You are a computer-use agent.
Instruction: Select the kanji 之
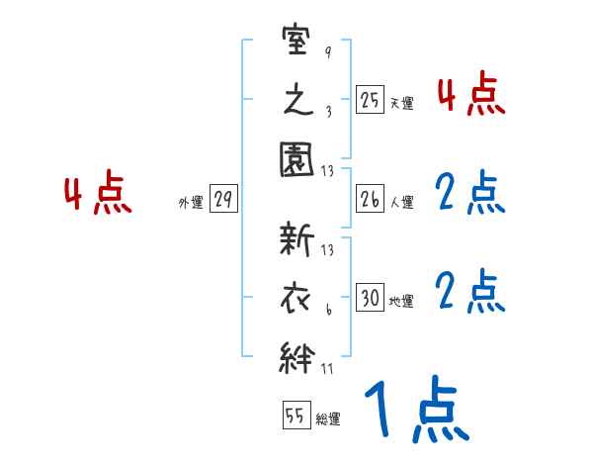pos(297,102)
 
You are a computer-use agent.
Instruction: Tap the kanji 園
pos(297,160)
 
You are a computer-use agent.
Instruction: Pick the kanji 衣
pos(297,296)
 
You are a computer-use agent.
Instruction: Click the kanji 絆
pos(297,355)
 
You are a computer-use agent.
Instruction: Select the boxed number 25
pos(370,100)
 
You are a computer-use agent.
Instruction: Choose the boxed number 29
pos(222,200)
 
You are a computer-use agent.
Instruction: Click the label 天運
pos(401,103)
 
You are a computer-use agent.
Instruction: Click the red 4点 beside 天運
pos(471,95)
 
